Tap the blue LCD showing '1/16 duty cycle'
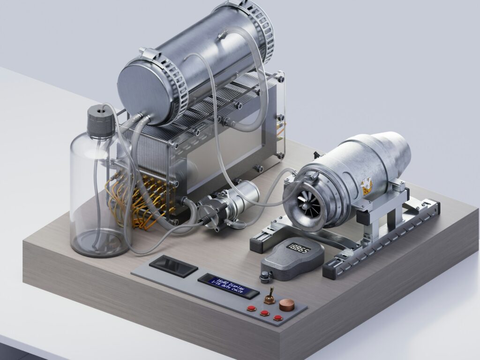(228, 286)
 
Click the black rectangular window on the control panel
(173, 266)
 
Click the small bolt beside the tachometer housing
(265, 277)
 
